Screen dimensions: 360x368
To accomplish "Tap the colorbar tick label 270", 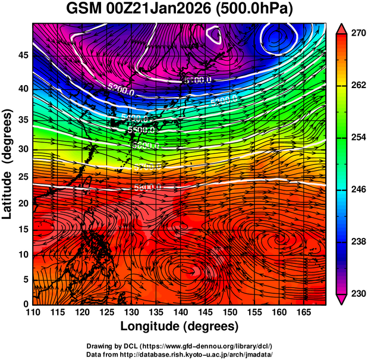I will [x=357, y=34].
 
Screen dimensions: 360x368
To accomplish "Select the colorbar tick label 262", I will [x=357, y=86].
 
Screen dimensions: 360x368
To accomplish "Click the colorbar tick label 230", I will [x=357, y=293].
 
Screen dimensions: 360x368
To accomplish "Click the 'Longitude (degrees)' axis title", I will [x=180, y=327].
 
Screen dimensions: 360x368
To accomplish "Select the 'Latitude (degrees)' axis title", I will [x=8, y=164].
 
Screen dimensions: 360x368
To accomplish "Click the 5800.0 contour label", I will [x=147, y=187].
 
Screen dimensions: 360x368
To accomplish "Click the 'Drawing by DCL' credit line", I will [x=180, y=346].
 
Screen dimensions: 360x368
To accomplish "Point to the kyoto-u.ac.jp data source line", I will [x=180, y=354].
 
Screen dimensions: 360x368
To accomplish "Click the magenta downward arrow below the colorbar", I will [x=342, y=300].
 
